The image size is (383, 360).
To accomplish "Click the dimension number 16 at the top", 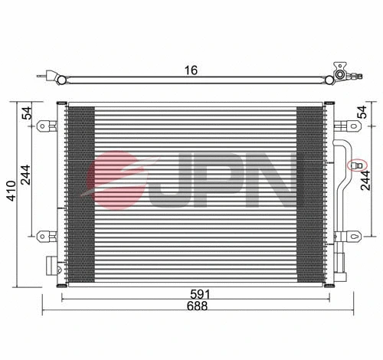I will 191,70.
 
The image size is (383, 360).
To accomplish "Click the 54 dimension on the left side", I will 27,113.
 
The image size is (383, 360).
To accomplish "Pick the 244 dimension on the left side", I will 27,177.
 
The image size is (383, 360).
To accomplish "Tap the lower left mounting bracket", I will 49,235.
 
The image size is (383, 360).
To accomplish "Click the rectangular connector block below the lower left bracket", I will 52,265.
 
